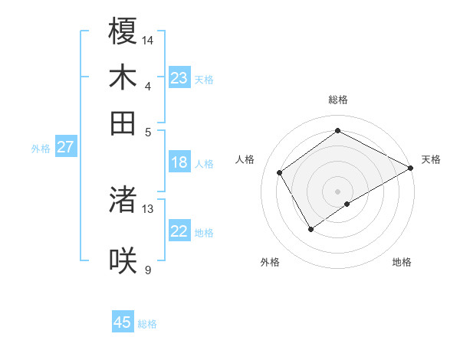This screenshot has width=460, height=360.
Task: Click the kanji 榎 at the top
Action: (x=123, y=31)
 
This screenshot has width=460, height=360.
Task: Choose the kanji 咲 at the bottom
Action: (x=123, y=260)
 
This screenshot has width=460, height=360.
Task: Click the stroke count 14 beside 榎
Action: (x=148, y=40)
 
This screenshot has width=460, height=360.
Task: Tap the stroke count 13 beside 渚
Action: (x=148, y=208)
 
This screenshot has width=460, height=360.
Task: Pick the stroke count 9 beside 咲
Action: (x=148, y=270)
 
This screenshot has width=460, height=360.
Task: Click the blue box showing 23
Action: (x=179, y=78)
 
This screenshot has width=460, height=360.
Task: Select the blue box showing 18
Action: (x=179, y=162)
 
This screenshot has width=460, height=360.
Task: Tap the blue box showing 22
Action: (x=179, y=231)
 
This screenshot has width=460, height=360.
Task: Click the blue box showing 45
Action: (x=123, y=322)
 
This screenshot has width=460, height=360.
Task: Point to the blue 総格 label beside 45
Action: (x=147, y=324)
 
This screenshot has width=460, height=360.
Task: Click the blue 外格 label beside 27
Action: (x=41, y=149)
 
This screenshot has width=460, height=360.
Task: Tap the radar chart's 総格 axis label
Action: (x=337, y=100)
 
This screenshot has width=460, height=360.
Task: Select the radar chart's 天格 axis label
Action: (x=431, y=159)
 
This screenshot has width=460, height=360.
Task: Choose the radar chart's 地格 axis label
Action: (x=402, y=262)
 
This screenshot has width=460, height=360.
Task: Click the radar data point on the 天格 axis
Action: (x=411, y=169)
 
